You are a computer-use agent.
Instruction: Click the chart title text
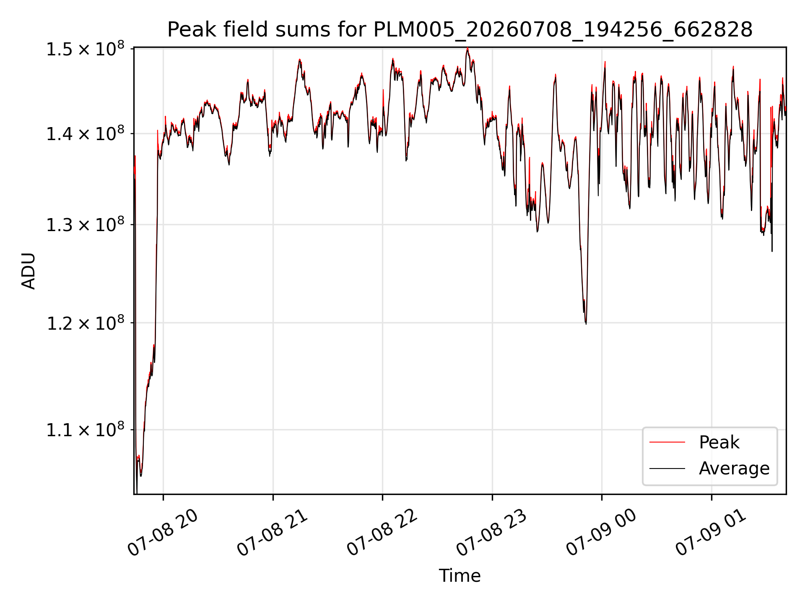pyautogui.click(x=460, y=29)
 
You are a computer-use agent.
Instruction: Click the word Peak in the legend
pyautogui.click(x=719, y=442)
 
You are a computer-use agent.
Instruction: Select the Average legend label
pyautogui.click(x=734, y=468)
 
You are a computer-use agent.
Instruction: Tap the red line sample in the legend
pyautogui.click(x=667, y=442)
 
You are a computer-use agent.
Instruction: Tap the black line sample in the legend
pyautogui.click(x=667, y=468)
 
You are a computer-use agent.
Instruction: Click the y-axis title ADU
pyautogui.click(x=29, y=271)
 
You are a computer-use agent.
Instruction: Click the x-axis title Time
pyautogui.click(x=460, y=575)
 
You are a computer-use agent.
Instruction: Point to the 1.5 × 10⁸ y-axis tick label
pyautogui.click(x=85, y=49)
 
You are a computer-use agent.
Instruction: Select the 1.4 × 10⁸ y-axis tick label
pyautogui.click(x=85, y=134)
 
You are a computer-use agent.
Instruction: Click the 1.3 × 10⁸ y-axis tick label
pyautogui.click(x=85, y=225)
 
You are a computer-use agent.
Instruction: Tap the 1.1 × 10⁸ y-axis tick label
pyautogui.click(x=85, y=430)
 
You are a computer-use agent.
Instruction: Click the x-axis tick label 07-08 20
pyautogui.click(x=163, y=533)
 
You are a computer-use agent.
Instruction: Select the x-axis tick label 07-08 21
pyautogui.click(x=273, y=533)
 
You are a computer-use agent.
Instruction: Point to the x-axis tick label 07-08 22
pyautogui.click(x=382, y=533)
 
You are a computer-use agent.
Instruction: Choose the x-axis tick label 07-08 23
pyautogui.click(x=492, y=533)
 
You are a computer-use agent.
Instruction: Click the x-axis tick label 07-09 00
pyautogui.click(x=602, y=533)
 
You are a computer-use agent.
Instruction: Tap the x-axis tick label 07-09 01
pyautogui.click(x=712, y=533)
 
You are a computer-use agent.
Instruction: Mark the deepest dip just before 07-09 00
pyautogui.click(x=586, y=323)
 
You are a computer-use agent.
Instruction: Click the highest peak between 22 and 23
pyautogui.click(x=467, y=48)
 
